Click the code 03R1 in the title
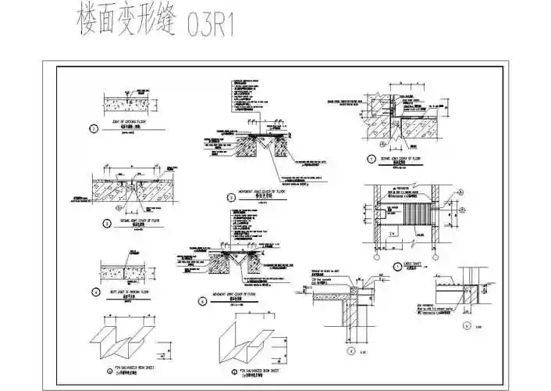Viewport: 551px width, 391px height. (x=212, y=26)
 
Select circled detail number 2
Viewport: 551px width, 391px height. (x=94, y=129)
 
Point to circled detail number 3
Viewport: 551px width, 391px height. (x=108, y=223)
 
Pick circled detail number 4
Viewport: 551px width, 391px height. (x=95, y=292)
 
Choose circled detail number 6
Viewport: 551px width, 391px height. (x=201, y=300)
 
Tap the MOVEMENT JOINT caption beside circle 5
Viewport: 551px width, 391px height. (x=258, y=196)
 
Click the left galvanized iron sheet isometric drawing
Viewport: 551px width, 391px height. (x=123, y=337)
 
